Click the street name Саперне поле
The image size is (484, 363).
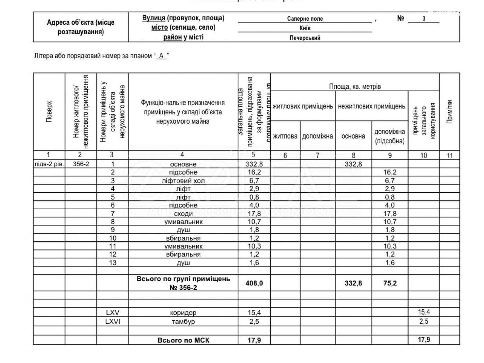(x=305, y=19)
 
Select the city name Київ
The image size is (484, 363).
(x=305, y=28)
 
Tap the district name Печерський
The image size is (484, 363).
(x=305, y=38)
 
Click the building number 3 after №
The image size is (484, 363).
(x=423, y=19)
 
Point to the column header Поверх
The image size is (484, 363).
(x=49, y=111)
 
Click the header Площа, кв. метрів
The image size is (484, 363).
(x=355, y=87)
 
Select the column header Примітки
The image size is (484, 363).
(x=450, y=111)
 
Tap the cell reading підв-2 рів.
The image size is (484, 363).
(x=49, y=164)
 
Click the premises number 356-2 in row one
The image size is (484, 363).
(x=81, y=164)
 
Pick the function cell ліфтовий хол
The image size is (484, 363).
(x=183, y=181)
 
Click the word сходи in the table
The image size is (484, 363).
(x=183, y=214)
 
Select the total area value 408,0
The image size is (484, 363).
(x=254, y=283)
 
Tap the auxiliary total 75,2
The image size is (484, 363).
(x=390, y=283)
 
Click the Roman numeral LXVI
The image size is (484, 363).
(x=113, y=321)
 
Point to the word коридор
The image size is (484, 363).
(x=183, y=313)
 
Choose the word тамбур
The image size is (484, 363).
(x=183, y=321)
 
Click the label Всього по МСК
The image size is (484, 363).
(x=183, y=340)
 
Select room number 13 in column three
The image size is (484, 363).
(x=113, y=263)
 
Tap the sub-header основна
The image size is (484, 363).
(x=353, y=136)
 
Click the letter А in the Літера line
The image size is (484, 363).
(x=161, y=56)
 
